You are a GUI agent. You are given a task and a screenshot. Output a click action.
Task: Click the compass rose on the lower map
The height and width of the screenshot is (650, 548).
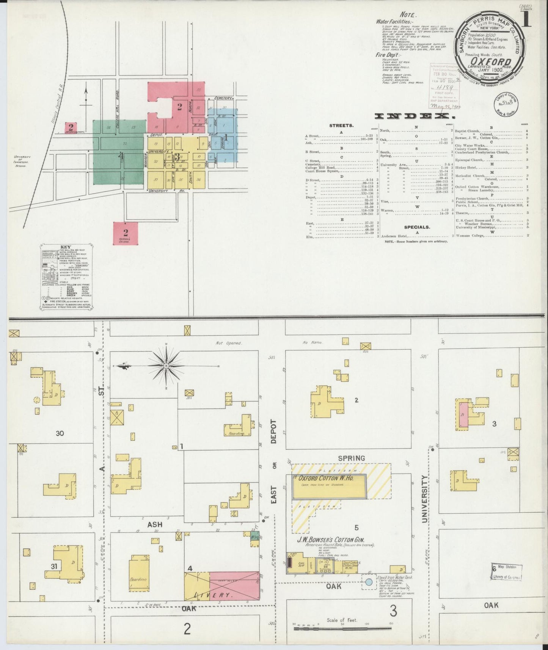[x=166, y=366]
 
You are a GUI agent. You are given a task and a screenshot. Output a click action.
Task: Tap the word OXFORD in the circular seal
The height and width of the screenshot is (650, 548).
[x=491, y=61]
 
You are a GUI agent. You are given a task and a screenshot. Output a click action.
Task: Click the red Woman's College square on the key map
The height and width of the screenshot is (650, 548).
[x=126, y=233]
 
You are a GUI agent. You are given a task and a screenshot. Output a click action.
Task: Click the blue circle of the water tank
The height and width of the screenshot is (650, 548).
[x=368, y=581]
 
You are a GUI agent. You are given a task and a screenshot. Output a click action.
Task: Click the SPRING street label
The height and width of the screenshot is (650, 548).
[x=352, y=458]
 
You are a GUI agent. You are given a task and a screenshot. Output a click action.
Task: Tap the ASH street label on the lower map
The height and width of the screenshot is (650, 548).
[x=155, y=524]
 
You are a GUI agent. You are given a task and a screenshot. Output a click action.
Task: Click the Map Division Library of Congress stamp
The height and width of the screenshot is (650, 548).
[x=507, y=572]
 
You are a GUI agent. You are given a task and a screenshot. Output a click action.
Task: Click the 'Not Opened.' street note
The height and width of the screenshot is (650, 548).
[x=229, y=343]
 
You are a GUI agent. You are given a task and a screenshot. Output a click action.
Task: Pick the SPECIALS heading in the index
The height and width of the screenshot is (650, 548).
[x=416, y=227]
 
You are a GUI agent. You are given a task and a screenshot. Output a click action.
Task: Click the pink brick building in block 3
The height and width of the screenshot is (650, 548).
[x=463, y=415]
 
